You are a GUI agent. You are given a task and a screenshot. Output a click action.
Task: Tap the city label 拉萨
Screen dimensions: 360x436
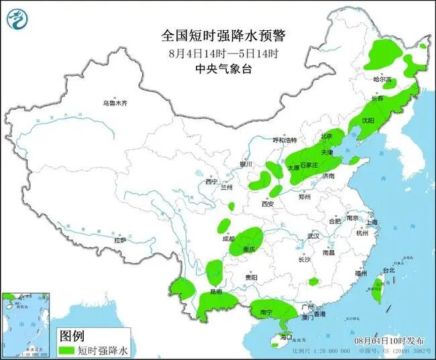coord(120,240)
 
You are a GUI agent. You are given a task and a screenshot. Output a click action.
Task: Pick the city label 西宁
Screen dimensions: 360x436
coord(212,182)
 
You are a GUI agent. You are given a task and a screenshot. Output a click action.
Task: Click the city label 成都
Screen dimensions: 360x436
coord(229,239)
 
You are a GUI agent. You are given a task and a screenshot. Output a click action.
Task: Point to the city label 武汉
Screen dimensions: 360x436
coord(313,237)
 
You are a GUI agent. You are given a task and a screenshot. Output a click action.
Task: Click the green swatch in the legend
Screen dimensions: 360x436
coord(66,350)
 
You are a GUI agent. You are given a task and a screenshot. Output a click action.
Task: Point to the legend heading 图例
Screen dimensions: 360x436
coord(72,335)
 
